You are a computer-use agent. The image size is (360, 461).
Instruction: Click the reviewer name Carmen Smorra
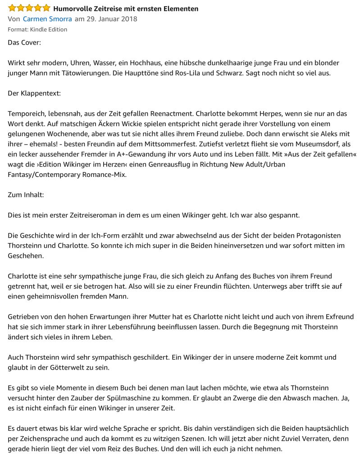(x=48, y=19)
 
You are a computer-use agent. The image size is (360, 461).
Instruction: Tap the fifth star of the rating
(x=46, y=8)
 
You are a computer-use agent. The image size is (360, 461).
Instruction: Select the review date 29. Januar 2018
(x=112, y=19)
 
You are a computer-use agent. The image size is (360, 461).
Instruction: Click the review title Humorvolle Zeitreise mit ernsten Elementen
(x=126, y=9)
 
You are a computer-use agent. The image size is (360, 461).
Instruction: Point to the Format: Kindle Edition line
(x=37, y=29)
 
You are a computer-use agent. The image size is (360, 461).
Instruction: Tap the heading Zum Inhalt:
(x=26, y=194)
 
